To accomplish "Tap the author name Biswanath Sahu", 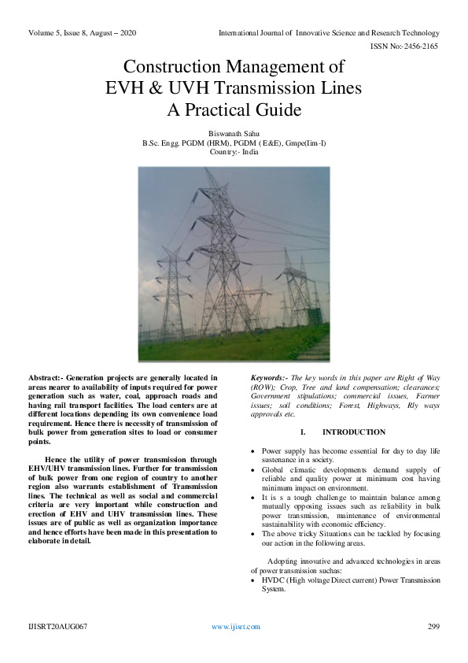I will (x=234, y=134).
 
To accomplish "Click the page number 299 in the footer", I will (x=433, y=627).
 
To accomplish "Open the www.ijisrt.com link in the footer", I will (x=235, y=627).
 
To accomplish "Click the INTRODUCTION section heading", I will (x=354, y=432).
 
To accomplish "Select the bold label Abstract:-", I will (x=51, y=379).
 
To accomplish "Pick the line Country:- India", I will (x=234, y=151).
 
